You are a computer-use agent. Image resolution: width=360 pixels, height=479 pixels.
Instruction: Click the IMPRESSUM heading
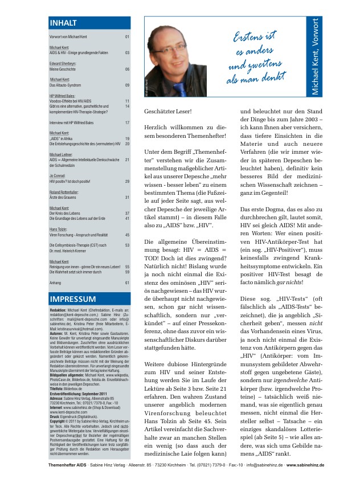point(71,300)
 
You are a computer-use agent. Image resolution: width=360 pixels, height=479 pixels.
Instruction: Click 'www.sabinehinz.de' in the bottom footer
point(305,465)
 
